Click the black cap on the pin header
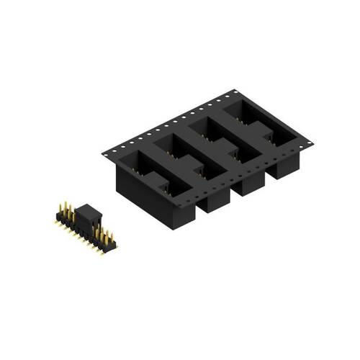pos(88,212)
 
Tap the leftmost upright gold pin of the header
pos(60,210)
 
